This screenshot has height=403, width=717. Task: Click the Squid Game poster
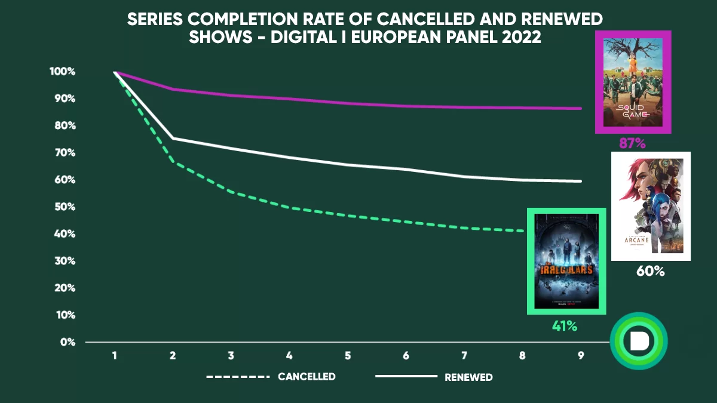(x=633, y=82)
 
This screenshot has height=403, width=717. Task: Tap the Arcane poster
(x=651, y=206)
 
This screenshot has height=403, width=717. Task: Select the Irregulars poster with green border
(x=566, y=262)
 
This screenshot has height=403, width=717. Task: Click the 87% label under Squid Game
(x=633, y=143)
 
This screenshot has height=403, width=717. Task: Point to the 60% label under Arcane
(x=651, y=271)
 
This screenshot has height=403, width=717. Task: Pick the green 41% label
(x=564, y=326)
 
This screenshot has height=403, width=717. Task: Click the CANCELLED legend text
(x=307, y=377)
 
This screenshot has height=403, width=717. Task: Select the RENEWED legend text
(x=468, y=377)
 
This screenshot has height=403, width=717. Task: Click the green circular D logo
(x=639, y=341)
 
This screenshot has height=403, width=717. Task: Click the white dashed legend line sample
(x=238, y=377)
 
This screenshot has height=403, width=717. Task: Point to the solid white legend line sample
(x=406, y=377)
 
